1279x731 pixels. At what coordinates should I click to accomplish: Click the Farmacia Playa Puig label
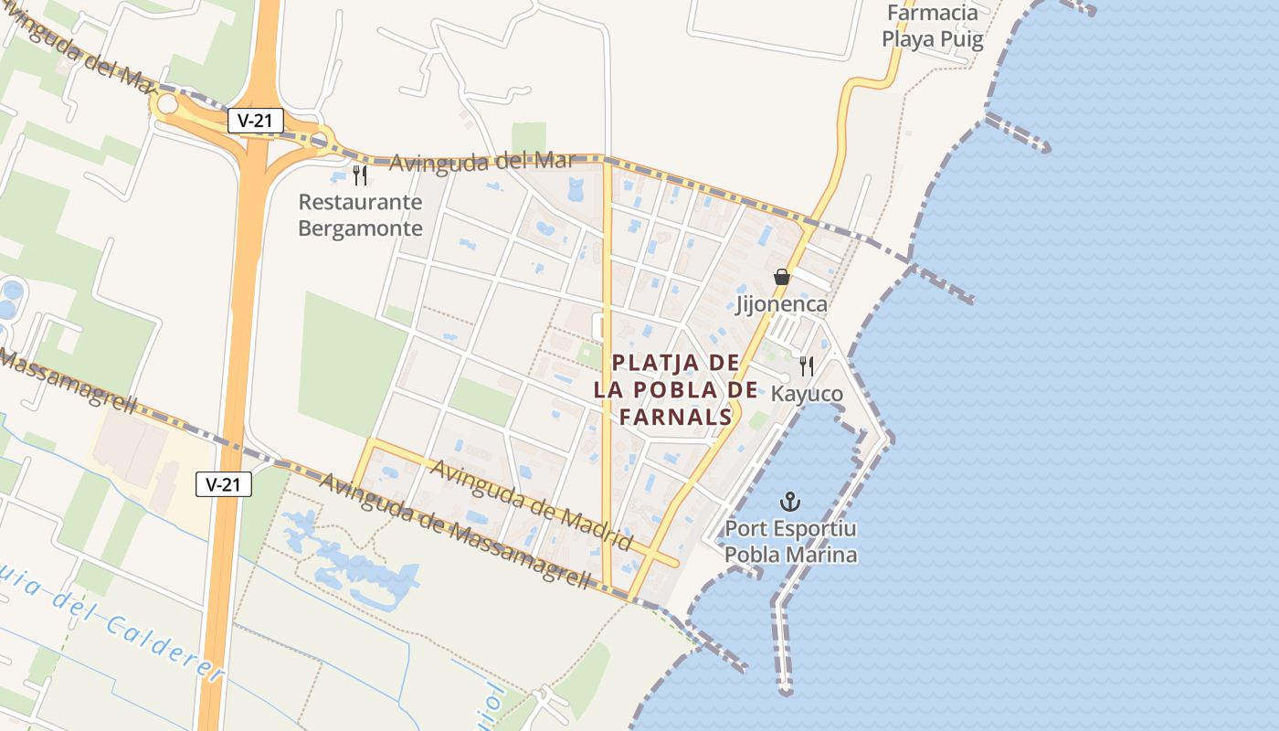pyautogui.click(x=932, y=26)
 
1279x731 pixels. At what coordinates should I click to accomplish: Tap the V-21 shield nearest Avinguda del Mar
pyautogui.click(x=256, y=121)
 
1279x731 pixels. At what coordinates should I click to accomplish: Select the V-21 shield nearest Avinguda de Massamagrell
pyautogui.click(x=224, y=484)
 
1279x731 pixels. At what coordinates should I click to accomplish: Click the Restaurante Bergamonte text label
pyautogui.click(x=361, y=215)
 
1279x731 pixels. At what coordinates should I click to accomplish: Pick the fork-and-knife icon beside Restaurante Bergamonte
pyautogui.click(x=360, y=175)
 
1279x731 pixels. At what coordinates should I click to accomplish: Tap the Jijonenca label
pyautogui.click(x=781, y=304)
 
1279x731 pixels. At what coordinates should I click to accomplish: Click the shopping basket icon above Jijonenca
pyautogui.click(x=781, y=276)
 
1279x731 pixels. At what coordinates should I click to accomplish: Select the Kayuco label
pyautogui.click(x=807, y=394)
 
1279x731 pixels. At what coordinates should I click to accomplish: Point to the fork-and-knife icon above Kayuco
pyautogui.click(x=806, y=365)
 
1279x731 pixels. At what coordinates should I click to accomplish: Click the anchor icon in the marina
pyautogui.click(x=790, y=501)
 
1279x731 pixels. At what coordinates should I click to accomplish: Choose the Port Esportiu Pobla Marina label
pyautogui.click(x=790, y=542)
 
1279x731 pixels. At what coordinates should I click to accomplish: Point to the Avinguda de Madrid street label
pyautogui.click(x=531, y=505)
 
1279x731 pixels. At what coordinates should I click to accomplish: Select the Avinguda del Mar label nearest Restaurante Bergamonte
pyautogui.click(x=482, y=162)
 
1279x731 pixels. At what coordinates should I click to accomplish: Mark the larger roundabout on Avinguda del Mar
pyautogui.click(x=167, y=104)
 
